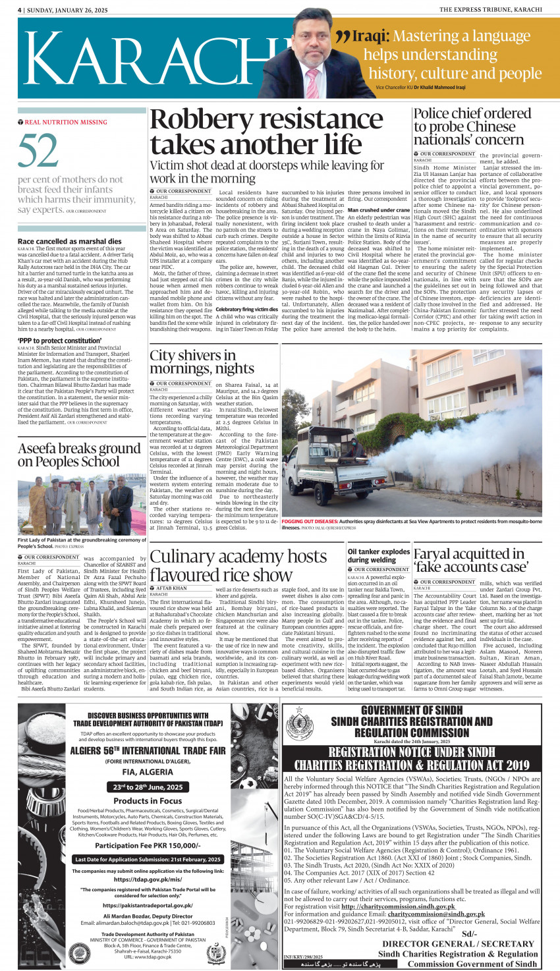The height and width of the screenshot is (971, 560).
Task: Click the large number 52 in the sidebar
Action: click(x=38, y=152)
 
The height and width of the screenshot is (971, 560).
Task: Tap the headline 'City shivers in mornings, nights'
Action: click(x=192, y=362)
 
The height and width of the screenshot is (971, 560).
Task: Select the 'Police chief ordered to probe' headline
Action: click(x=472, y=126)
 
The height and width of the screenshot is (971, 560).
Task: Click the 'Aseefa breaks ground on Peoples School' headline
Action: click(x=79, y=455)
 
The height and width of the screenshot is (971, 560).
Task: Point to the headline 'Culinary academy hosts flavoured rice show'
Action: click(x=238, y=565)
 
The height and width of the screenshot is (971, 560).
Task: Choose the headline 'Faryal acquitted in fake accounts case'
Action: click(x=470, y=560)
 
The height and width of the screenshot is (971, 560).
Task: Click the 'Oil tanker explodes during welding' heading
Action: click(x=379, y=555)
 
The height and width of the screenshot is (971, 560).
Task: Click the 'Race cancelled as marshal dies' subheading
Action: click(x=70, y=242)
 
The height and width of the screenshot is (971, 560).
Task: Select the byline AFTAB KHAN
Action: click(x=171, y=588)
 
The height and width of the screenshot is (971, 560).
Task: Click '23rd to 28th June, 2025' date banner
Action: click(x=148, y=787)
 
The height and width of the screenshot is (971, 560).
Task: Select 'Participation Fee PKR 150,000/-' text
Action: click(x=148, y=845)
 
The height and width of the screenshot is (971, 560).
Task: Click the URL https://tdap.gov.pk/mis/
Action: click(x=148, y=879)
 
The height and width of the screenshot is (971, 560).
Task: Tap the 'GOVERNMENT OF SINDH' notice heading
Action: click(x=411, y=710)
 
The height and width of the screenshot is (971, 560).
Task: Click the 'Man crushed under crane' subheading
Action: click(x=379, y=210)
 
